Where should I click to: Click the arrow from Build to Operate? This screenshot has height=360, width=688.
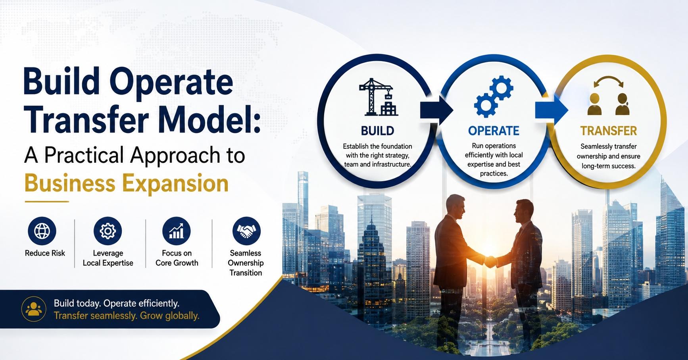436,110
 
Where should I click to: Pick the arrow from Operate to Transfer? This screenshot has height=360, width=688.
552,110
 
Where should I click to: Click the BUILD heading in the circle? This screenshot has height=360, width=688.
377,131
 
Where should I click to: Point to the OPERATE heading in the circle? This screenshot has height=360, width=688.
494,131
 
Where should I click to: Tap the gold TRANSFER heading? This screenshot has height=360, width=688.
609,131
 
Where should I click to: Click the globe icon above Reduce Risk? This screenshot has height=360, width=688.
42,231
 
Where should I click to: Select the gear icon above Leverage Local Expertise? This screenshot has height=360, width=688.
108,231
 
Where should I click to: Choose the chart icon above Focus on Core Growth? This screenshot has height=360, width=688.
177,231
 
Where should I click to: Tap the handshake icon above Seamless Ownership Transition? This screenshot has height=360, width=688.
246,231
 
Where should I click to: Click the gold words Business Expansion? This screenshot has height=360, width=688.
127,184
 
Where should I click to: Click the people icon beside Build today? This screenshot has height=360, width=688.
34,309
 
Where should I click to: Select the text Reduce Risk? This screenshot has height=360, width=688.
45,253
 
